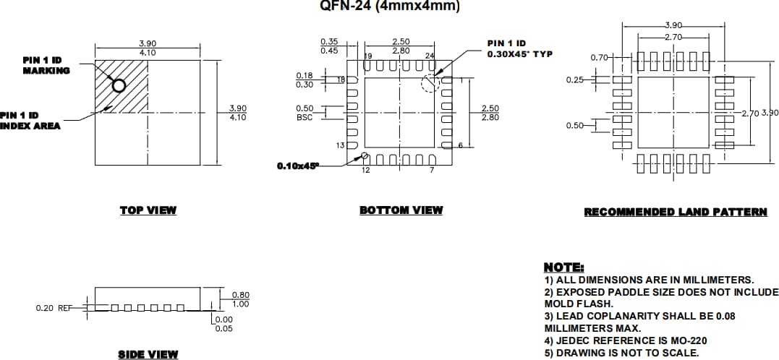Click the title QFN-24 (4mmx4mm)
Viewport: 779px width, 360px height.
[x=389, y=7]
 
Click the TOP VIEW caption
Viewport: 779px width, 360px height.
[x=148, y=210]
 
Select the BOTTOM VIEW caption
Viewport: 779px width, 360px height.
[x=401, y=210]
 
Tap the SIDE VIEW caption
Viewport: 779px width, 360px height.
[x=148, y=354]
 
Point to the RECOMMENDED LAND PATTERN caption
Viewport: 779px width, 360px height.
[x=676, y=212]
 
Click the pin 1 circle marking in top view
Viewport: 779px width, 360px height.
[x=119, y=86]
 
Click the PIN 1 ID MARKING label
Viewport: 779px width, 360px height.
[x=46, y=65]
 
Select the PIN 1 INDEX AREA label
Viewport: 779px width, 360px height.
[x=30, y=120]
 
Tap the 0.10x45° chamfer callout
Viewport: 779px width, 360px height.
[x=297, y=166]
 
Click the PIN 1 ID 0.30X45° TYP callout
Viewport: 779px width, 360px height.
[x=514, y=49]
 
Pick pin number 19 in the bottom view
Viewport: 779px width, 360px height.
[x=368, y=56]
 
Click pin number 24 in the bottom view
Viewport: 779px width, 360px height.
[x=430, y=56]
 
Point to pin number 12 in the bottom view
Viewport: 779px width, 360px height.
[x=366, y=170]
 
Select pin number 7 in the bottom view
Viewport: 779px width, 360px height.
[x=432, y=170]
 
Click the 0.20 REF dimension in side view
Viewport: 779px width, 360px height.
[x=54, y=308]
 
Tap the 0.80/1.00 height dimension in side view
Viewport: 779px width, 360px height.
[x=240, y=299]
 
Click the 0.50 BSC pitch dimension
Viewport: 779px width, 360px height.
[x=305, y=112]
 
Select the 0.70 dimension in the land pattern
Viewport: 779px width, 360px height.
[x=598, y=56]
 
